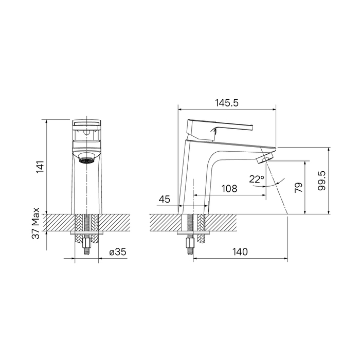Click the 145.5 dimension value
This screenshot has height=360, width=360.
226,103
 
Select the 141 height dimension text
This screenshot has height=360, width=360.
41,167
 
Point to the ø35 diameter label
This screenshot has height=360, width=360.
119,252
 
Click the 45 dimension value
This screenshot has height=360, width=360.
165,199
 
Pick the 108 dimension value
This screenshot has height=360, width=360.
229,189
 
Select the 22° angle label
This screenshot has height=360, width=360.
256,179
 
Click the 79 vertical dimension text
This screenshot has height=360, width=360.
299,187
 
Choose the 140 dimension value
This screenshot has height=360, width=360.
240,252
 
